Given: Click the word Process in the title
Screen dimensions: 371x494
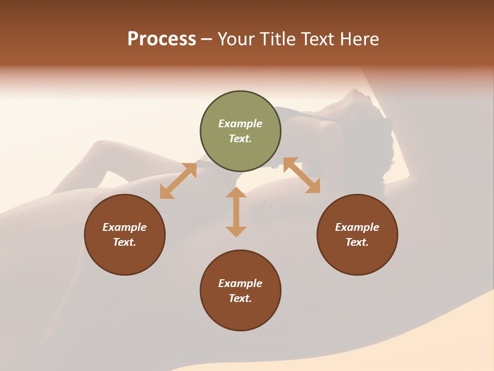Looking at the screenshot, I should tap(162, 39).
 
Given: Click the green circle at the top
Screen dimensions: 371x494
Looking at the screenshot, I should tap(240, 131).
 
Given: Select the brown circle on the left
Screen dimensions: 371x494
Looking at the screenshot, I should tap(125, 235).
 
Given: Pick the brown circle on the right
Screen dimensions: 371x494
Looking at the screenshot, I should tap(357, 235).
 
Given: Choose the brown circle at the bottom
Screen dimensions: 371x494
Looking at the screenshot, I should tap(240, 291).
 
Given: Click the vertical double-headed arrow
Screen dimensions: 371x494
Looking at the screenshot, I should tap(236, 212).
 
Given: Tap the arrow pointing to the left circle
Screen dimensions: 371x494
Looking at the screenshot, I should tap(178, 181).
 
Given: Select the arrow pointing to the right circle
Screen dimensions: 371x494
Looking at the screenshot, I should tap(302, 175).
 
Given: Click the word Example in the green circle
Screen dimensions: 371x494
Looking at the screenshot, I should tap(240, 124).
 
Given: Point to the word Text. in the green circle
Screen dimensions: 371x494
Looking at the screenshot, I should tap(240, 139).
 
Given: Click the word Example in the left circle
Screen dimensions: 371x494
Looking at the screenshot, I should tap(125, 227).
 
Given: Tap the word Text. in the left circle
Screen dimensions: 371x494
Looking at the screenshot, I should tap(125, 242).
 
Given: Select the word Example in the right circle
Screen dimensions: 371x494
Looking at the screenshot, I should tap(357, 227).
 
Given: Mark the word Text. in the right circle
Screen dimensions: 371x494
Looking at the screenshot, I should tap(357, 242).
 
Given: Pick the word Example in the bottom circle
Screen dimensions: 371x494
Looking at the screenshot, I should tap(240, 283).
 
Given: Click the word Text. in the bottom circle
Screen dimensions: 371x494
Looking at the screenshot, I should tap(240, 298).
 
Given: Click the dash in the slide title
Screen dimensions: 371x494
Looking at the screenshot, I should tap(207, 40).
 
